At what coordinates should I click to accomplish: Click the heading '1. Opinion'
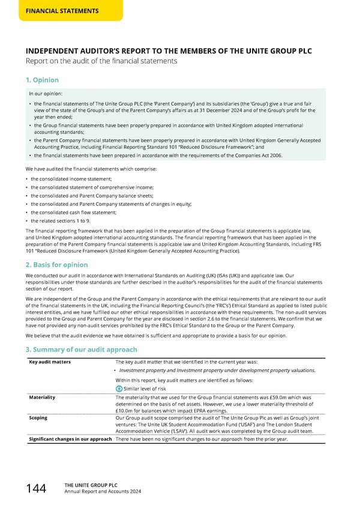42,80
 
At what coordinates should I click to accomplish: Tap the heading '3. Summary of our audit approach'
82,349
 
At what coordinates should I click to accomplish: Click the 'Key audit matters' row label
50,362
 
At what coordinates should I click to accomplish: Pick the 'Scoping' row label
38,418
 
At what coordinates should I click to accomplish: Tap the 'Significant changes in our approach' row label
70,439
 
